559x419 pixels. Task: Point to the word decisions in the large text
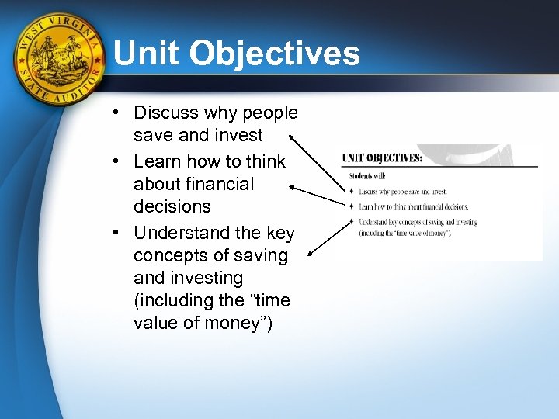(172, 206)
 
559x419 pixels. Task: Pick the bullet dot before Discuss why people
(114, 113)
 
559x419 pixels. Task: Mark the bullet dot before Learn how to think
(114, 161)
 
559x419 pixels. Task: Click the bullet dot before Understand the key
(114, 233)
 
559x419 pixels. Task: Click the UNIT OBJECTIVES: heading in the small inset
(383, 158)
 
